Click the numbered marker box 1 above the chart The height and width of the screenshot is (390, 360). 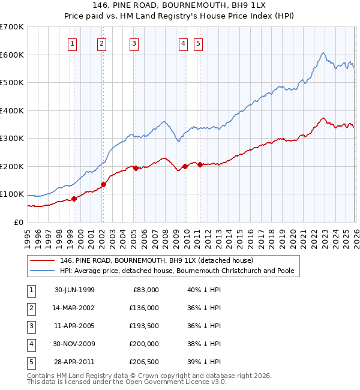(x=72, y=43)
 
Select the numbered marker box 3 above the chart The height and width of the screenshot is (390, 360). (x=133, y=43)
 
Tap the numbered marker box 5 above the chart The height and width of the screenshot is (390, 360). (x=197, y=43)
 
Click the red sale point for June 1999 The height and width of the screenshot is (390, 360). (x=74, y=199)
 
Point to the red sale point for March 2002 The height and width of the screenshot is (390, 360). (x=103, y=184)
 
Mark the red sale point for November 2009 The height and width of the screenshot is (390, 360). (x=185, y=166)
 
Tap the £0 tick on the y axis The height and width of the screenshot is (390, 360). (x=18, y=222)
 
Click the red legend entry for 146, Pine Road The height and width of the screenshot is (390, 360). (x=156, y=260)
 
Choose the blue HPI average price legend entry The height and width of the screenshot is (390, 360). (x=176, y=271)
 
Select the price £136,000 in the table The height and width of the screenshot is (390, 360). (x=144, y=308)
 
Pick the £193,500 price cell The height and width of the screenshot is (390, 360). (x=144, y=326)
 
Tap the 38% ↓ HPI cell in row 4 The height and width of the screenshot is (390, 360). (x=203, y=344)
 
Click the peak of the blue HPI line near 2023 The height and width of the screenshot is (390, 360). (x=323, y=53)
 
